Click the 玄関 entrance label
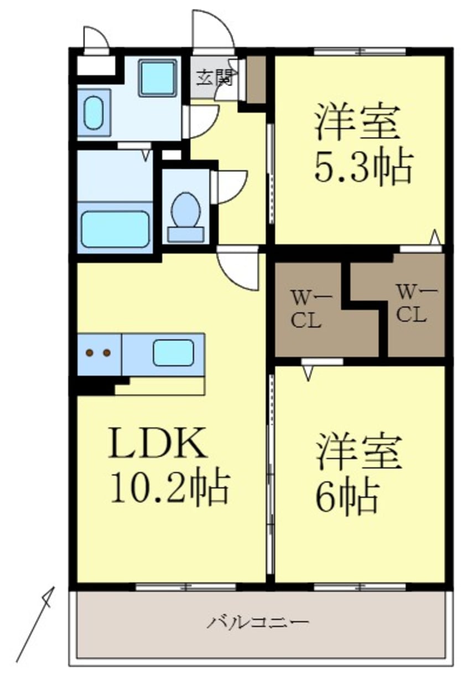click(214, 77)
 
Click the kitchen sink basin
click(173, 353)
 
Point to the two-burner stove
click(98, 353)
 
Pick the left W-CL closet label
click(306, 309)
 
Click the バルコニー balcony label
click(258, 623)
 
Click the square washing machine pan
click(157, 77)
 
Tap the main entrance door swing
click(213, 30)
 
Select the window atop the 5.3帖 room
click(360, 52)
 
